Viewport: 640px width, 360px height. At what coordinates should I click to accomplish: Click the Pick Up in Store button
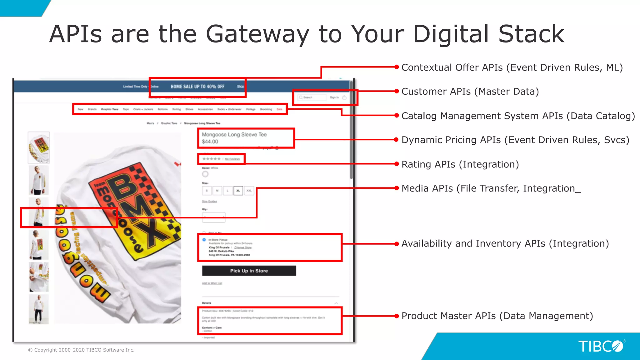pyautogui.click(x=249, y=271)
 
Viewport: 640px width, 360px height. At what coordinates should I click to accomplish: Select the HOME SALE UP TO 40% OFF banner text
pyautogui.click(x=197, y=87)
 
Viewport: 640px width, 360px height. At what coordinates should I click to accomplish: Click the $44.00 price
pyautogui.click(x=210, y=142)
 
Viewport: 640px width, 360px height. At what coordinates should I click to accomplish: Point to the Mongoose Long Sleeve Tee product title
pyautogui.click(x=234, y=134)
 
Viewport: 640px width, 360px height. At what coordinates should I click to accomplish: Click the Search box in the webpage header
pyautogui.click(x=311, y=97)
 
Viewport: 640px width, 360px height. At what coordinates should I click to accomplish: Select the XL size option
pyautogui.click(x=238, y=190)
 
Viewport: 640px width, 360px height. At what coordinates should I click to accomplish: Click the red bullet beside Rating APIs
pyautogui.click(x=397, y=164)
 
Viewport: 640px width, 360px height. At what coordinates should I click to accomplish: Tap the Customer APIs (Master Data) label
pyautogui.click(x=470, y=92)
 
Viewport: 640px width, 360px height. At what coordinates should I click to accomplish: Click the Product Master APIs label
pyautogui.click(x=497, y=316)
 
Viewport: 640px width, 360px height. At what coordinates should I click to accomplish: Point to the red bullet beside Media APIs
pyautogui.click(x=397, y=188)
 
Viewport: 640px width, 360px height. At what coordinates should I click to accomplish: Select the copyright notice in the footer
pyautogui.click(x=81, y=350)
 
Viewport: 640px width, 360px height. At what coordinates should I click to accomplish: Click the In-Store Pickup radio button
pyautogui.click(x=204, y=240)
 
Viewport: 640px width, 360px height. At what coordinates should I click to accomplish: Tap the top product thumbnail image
pyautogui.click(x=39, y=147)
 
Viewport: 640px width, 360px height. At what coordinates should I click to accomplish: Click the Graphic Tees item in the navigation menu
pyautogui.click(x=110, y=109)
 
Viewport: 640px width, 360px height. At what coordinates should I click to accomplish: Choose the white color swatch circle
pyautogui.click(x=205, y=174)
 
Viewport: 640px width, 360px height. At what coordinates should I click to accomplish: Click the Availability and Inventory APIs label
pyautogui.click(x=505, y=243)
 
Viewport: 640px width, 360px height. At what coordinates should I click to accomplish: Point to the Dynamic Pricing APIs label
pyautogui.click(x=515, y=140)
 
